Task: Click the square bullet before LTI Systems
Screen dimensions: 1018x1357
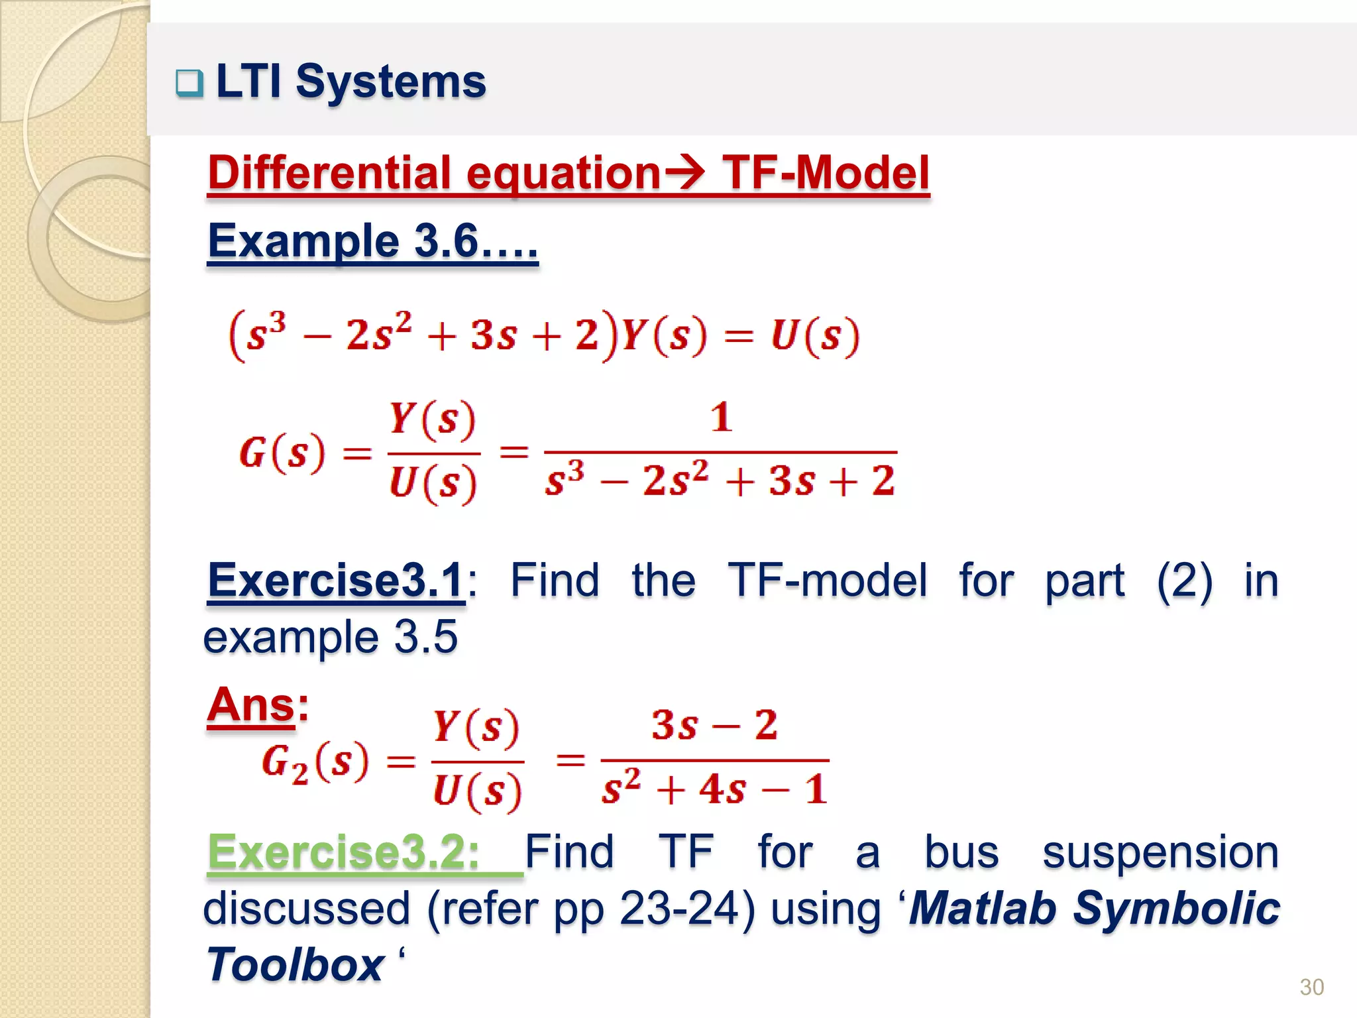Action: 190,84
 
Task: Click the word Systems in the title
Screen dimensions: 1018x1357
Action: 390,82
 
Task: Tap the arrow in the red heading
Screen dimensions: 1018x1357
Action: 685,172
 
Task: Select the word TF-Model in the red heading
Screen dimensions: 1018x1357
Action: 826,173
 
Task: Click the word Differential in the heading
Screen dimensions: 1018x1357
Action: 329,173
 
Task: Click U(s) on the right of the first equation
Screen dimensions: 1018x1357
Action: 814,335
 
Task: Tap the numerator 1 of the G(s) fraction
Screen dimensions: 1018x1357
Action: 721,418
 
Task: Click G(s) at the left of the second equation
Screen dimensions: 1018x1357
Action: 282,454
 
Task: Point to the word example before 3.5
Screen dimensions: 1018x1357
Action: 291,637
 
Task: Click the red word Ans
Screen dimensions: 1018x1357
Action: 250,705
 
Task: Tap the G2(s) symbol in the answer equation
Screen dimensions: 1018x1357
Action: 314,762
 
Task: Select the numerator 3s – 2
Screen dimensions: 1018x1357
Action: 714,724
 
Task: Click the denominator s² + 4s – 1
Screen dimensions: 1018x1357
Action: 714,789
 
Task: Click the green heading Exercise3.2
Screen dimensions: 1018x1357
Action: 343,852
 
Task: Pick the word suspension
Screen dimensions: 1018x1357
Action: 1160,852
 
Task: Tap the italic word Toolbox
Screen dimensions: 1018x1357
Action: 295,964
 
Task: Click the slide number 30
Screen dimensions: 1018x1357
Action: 1311,987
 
